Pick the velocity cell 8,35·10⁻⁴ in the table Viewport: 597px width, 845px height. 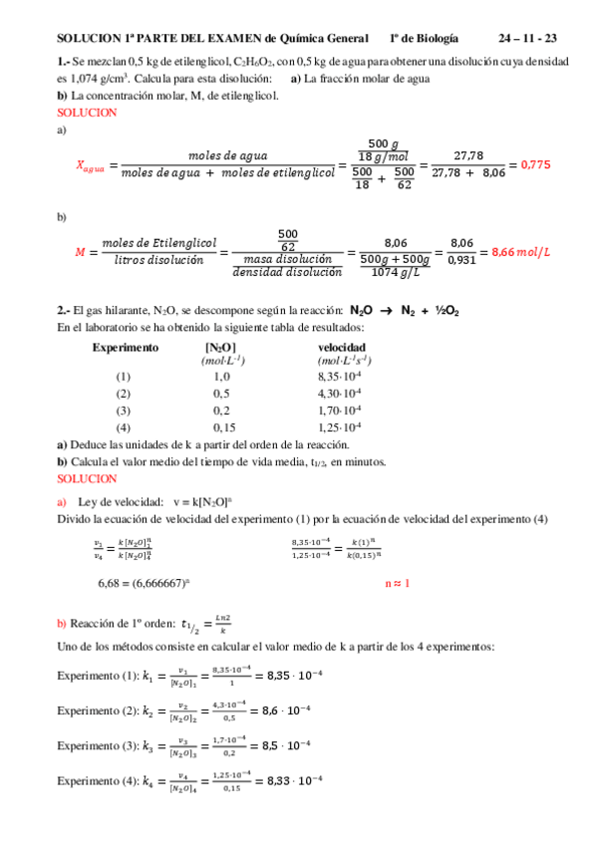click(339, 377)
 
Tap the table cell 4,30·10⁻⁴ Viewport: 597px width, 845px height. click(339, 394)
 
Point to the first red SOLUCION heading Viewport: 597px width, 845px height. click(88, 113)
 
